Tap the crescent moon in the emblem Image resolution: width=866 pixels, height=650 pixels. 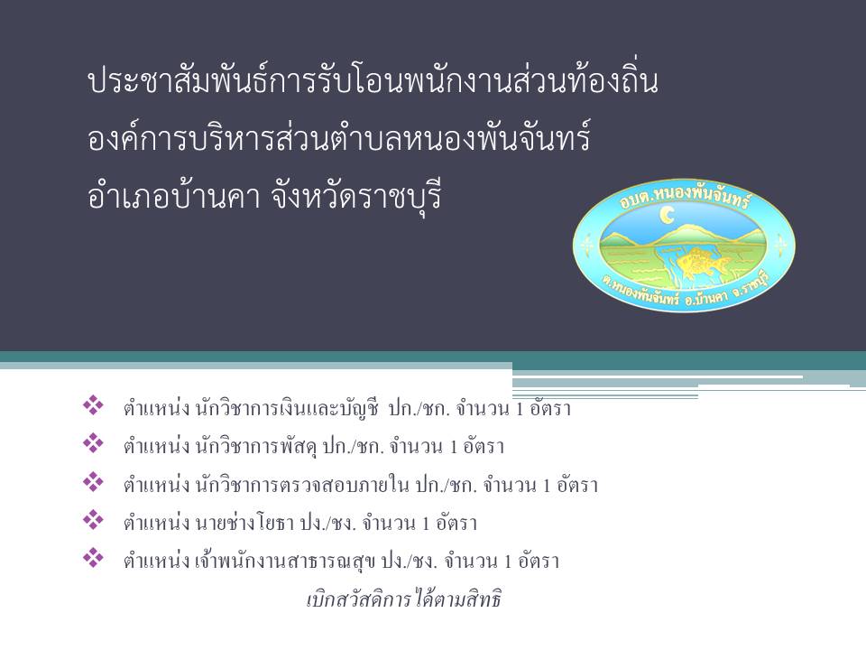pos(668,215)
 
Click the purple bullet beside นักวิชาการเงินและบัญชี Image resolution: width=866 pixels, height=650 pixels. pos(93,406)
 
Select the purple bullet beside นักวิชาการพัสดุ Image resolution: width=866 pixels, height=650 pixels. pos(93,444)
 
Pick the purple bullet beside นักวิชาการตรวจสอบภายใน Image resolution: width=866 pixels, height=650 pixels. pos(93,482)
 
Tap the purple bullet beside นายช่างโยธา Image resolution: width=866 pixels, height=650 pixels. pos(93,520)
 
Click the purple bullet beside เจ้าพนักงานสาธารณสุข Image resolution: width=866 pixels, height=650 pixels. pos(93,558)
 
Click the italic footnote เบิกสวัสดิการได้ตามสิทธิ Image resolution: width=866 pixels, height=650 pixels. pos(404,599)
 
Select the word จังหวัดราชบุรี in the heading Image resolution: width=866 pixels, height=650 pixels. pos(357,196)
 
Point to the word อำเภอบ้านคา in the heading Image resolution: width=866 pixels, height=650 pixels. pos(173,196)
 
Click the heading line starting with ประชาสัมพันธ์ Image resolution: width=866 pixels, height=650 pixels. pos(373,80)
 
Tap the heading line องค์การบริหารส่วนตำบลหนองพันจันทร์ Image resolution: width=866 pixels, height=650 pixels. pos(339,138)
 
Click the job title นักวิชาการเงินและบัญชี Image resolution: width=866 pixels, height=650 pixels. pos(287,409)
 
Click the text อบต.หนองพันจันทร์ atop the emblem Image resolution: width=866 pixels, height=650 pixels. pos(685,197)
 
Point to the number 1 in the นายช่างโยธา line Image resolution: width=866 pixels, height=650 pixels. pos(426,524)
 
